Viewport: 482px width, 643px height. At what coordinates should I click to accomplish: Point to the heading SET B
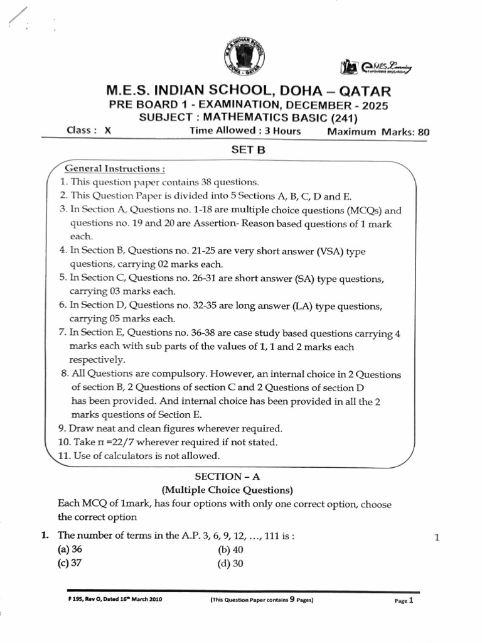point(241,151)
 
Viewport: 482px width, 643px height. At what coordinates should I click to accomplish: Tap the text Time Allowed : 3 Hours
point(245,131)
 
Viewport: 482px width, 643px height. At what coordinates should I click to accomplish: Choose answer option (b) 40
point(230,549)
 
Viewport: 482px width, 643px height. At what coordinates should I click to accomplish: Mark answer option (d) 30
point(230,563)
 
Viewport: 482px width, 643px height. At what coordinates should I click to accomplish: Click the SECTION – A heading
point(227,477)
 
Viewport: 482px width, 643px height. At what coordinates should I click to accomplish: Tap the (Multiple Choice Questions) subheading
point(227,490)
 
